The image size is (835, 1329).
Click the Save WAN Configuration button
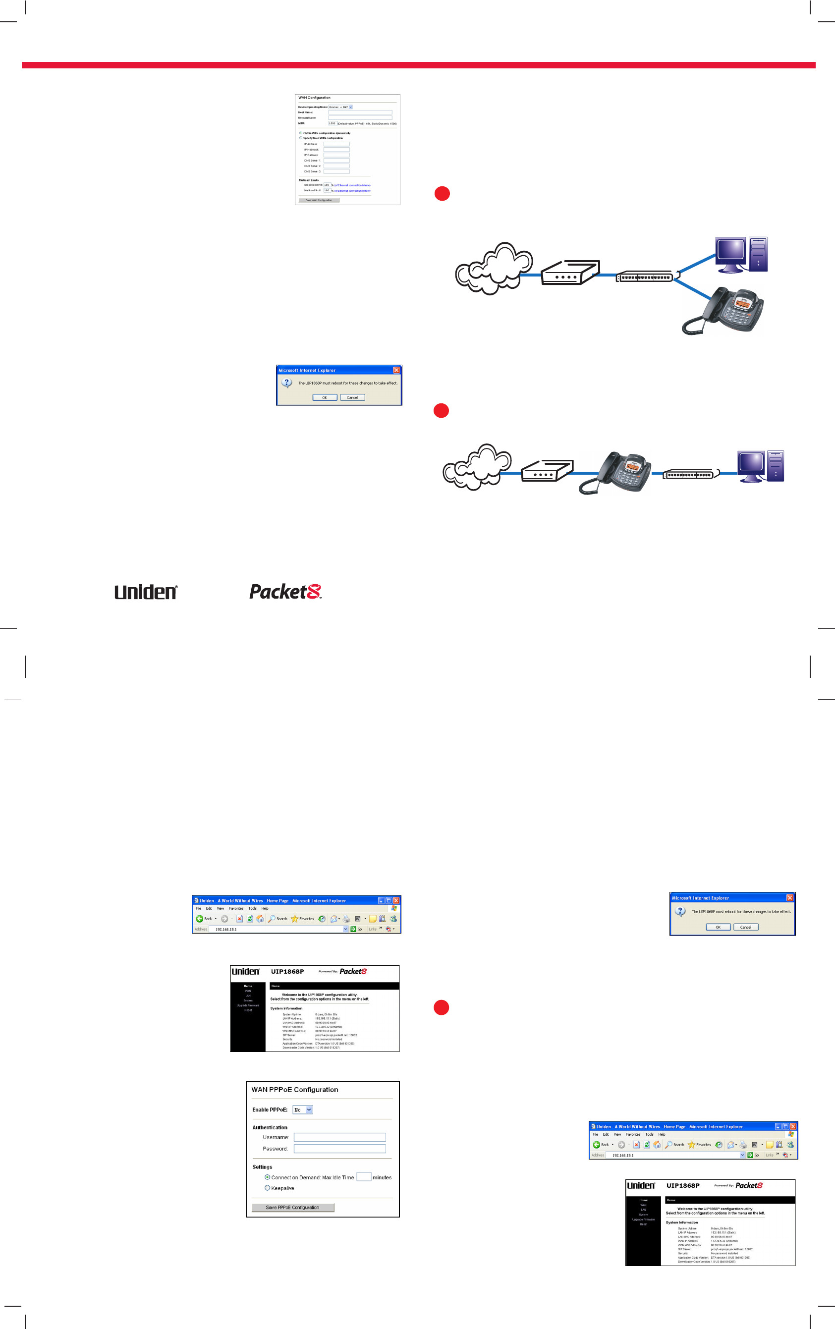pos(319,200)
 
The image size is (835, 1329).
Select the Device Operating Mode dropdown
pos(340,107)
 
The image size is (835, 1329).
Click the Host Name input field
pos(360,112)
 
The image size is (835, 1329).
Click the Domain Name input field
pos(360,117)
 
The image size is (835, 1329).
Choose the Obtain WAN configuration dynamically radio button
pos(301,133)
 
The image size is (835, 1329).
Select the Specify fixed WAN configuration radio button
pos(301,138)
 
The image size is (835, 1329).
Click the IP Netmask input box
pos(336,150)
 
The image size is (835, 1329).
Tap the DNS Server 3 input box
pos(336,171)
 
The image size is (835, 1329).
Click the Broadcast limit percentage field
pos(327,185)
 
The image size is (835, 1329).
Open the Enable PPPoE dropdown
pos(302,1110)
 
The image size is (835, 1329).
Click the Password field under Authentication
pos(339,1149)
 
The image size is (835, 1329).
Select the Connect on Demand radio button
pos(267,1177)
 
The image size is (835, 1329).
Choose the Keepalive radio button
pos(267,1188)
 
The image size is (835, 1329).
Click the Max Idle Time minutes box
pos(363,1177)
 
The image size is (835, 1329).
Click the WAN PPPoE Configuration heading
pos(295,1090)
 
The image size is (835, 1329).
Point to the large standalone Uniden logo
pos(146,592)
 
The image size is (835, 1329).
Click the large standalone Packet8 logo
pos(285,592)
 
